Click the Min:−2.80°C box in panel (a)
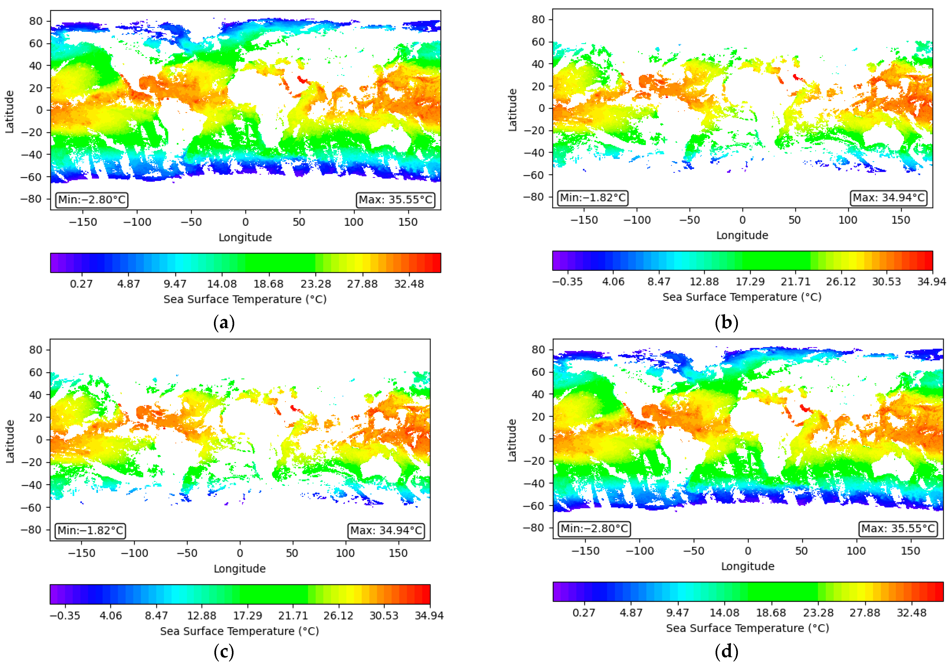pos(92,200)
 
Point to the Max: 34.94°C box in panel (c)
pos(386,531)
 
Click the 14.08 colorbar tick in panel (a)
pos(222,284)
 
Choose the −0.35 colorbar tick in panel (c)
pos(65,615)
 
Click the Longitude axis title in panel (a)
pos(245,237)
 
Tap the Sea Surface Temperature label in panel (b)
pos(742,297)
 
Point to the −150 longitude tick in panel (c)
pos(82,553)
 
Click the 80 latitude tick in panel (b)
pos(538,19)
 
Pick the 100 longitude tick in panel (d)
pos(856,551)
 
